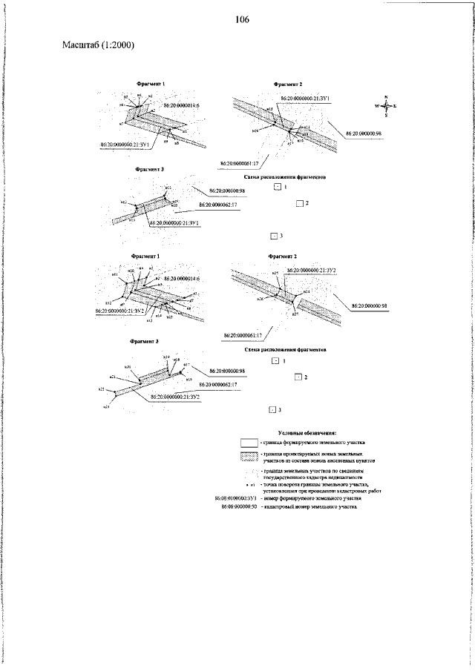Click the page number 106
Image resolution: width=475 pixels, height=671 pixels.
point(237,19)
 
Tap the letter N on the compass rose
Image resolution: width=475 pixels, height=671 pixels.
point(387,96)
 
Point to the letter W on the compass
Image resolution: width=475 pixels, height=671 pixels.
point(377,107)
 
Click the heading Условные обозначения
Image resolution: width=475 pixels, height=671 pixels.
point(307,432)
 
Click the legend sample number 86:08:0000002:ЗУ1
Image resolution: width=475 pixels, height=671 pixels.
point(235,498)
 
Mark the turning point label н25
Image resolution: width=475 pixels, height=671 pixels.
point(275,274)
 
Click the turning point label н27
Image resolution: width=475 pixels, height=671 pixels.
point(295,314)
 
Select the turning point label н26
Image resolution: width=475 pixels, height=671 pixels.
point(260,300)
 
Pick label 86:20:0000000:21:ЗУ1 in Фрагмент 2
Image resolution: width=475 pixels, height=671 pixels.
point(305,97)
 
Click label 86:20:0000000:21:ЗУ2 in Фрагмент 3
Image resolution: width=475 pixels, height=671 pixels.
point(175,397)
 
